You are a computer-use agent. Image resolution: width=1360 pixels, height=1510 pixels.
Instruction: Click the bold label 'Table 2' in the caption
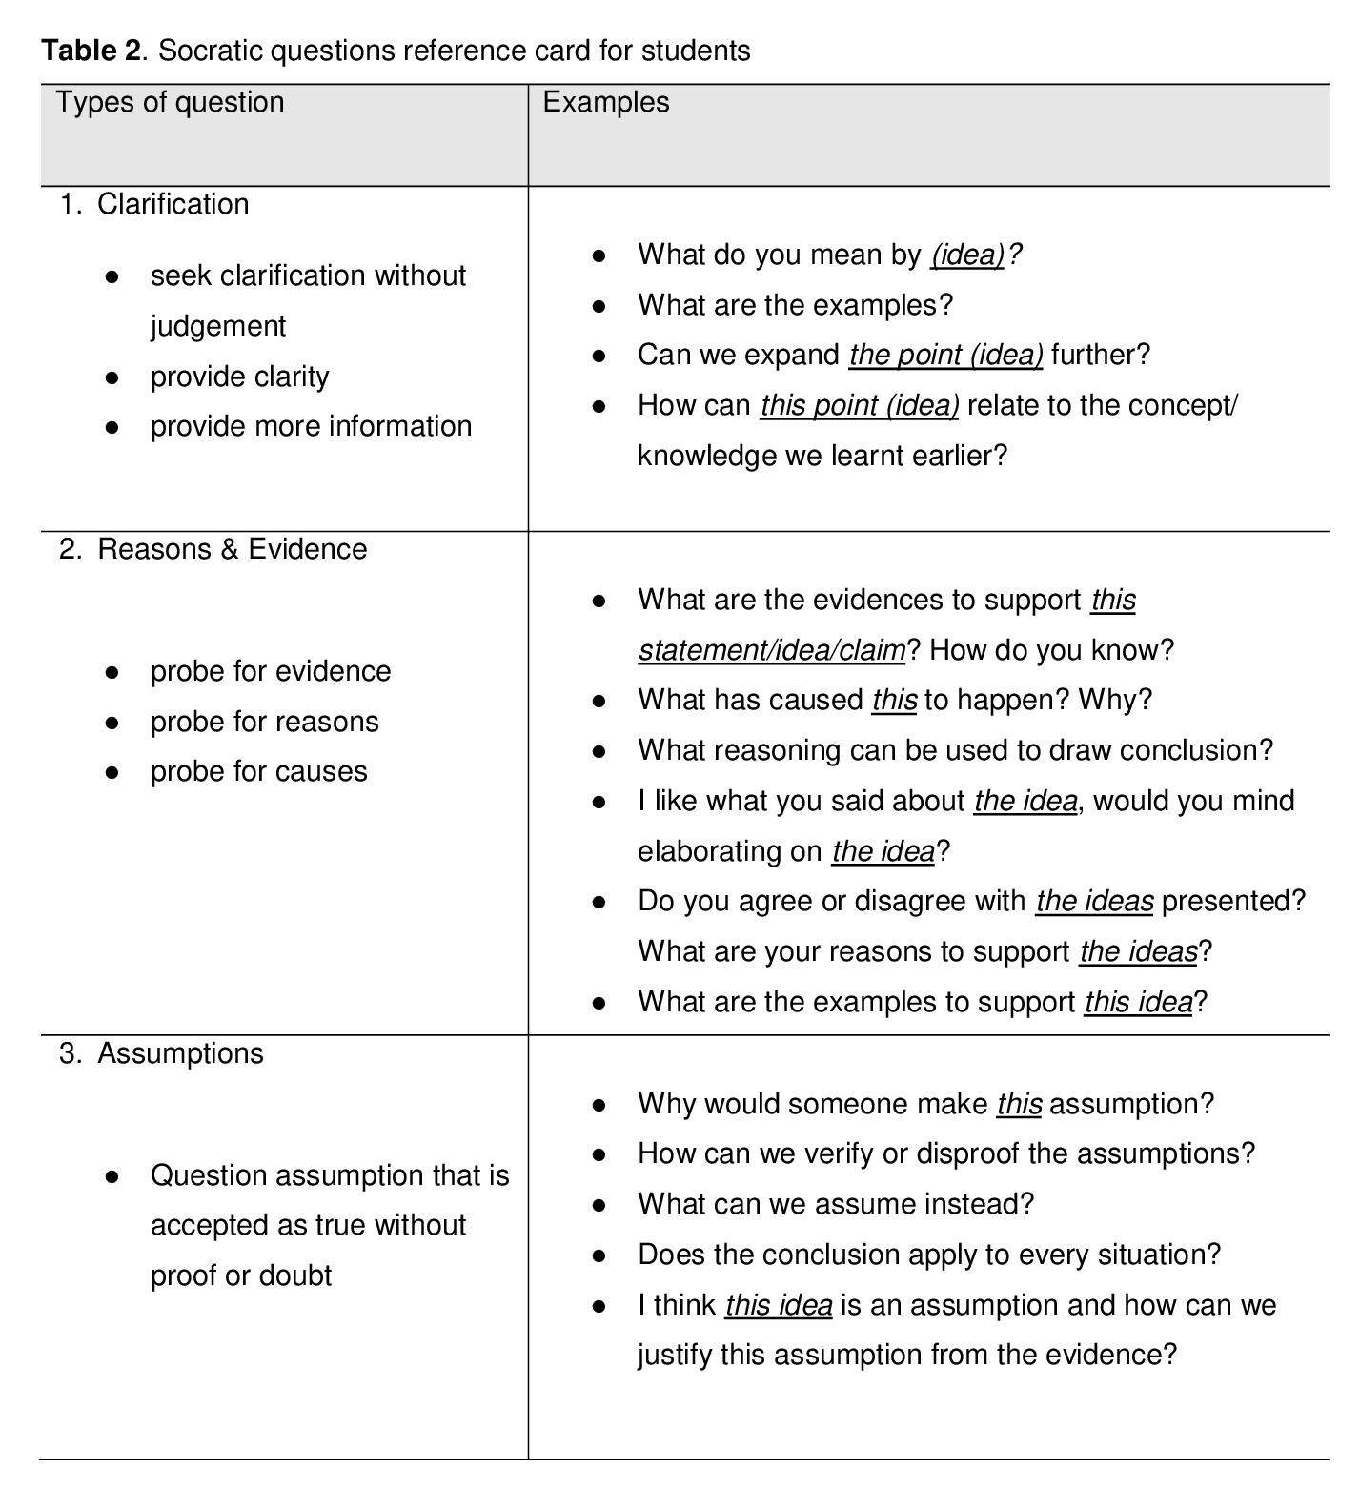pos(91,51)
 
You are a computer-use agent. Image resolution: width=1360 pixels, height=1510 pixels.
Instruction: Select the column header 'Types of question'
pos(170,102)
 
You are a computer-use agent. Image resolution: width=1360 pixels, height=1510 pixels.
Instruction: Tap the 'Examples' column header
pos(605,102)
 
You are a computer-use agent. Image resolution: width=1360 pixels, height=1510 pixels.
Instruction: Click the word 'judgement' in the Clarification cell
pos(217,326)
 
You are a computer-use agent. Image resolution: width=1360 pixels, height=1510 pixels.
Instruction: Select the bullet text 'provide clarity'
pos(239,377)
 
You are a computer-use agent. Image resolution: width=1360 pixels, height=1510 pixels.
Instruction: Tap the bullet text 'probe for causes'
pos(258,771)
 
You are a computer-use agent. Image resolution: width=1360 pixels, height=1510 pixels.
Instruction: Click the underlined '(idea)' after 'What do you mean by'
pos(967,255)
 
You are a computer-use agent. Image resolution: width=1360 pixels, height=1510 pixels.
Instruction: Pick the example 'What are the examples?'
pos(795,305)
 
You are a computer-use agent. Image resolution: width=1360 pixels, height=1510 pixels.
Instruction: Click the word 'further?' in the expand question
pos(1101,355)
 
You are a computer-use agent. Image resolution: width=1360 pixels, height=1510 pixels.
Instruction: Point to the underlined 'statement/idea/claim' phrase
pos(772,650)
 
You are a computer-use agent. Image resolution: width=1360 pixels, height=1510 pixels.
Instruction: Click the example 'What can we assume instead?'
pos(835,1204)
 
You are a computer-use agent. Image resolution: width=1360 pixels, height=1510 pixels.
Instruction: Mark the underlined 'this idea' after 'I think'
pos(779,1305)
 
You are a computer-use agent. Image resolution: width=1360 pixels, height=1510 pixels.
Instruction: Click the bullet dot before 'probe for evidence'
pos(112,672)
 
